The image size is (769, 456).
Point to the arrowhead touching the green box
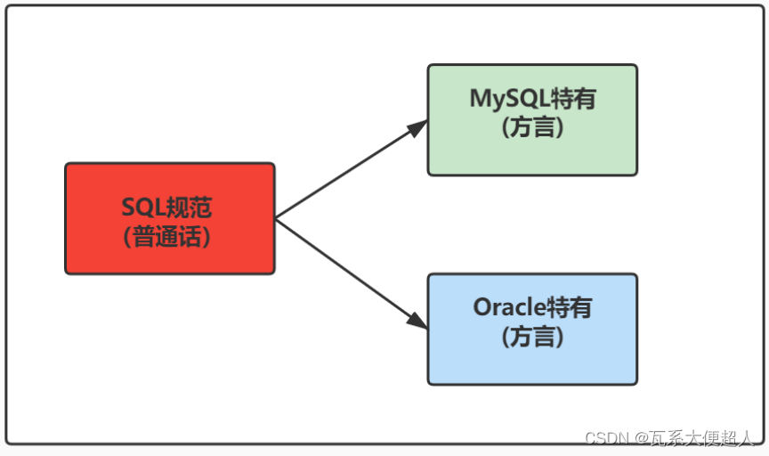(417, 127)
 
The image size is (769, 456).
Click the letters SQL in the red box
(142, 208)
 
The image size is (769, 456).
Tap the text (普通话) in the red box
(168, 237)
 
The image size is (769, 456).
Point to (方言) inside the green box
(532, 127)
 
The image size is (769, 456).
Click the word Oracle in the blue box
(508, 308)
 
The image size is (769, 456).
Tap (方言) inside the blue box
(532, 338)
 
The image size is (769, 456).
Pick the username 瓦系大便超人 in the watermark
(703, 437)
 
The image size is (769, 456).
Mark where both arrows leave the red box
(276, 218)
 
